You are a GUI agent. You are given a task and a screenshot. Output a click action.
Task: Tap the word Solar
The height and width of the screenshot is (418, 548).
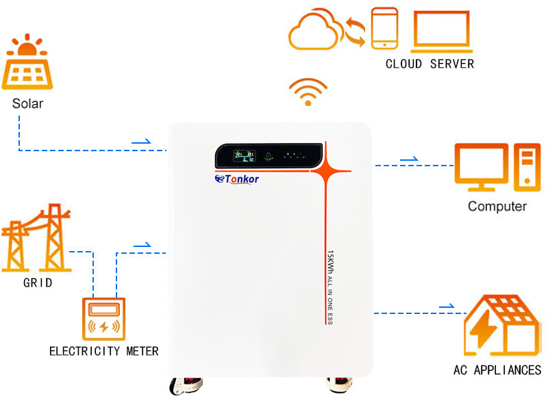27,104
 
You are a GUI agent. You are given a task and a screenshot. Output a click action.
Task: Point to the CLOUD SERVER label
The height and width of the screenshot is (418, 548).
429,64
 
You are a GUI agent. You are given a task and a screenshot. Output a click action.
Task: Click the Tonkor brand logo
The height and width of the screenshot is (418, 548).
237,179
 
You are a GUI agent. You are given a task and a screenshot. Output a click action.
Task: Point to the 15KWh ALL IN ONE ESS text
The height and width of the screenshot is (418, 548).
329,287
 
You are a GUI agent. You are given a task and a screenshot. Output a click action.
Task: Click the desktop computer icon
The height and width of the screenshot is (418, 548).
493,167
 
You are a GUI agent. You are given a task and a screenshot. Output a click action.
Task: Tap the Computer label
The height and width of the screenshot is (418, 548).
497,206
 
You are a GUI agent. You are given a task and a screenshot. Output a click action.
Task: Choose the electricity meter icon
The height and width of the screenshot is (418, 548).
104,319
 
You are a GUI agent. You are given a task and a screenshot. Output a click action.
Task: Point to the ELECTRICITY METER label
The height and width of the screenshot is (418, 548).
104,351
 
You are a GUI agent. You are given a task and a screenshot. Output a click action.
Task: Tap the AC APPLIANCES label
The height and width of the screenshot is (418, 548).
497,370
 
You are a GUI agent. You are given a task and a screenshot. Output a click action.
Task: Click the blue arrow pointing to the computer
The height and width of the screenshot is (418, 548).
409,159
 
